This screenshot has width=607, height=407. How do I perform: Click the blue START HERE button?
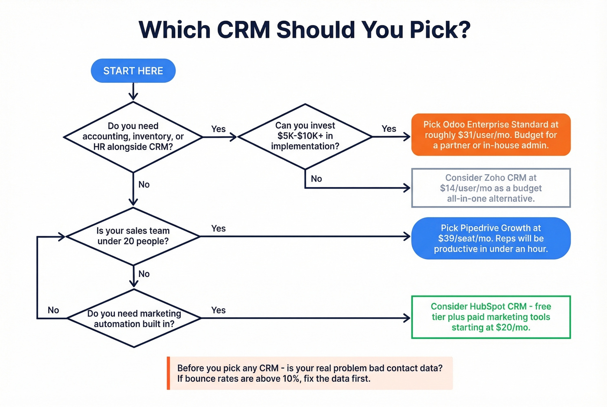(x=133, y=71)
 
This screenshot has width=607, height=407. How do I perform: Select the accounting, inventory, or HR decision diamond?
(x=133, y=137)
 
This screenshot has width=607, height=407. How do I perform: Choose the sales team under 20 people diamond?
(x=133, y=236)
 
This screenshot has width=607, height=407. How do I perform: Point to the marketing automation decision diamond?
(x=134, y=319)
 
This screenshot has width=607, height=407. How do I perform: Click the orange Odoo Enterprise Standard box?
(x=491, y=135)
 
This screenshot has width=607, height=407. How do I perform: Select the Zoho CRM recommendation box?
(x=491, y=188)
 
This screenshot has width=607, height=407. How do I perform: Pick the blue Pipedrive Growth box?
(x=491, y=238)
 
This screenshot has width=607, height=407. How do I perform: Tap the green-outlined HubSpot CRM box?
(x=491, y=317)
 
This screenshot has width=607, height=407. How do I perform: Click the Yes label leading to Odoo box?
(x=389, y=129)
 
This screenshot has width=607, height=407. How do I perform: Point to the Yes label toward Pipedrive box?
(x=219, y=228)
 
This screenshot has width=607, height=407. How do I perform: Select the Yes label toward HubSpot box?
(x=219, y=310)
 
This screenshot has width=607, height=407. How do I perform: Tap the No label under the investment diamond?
(x=317, y=179)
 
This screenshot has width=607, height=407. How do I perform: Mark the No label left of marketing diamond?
(x=53, y=310)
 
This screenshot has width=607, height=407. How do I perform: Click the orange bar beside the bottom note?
(x=168, y=373)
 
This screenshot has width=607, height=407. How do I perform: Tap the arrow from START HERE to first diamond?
(x=133, y=91)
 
